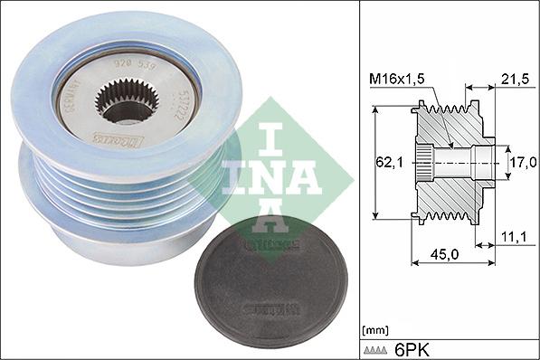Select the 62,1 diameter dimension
(x=386, y=164)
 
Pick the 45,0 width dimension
(x=443, y=255)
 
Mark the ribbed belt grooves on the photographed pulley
(x=109, y=194)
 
